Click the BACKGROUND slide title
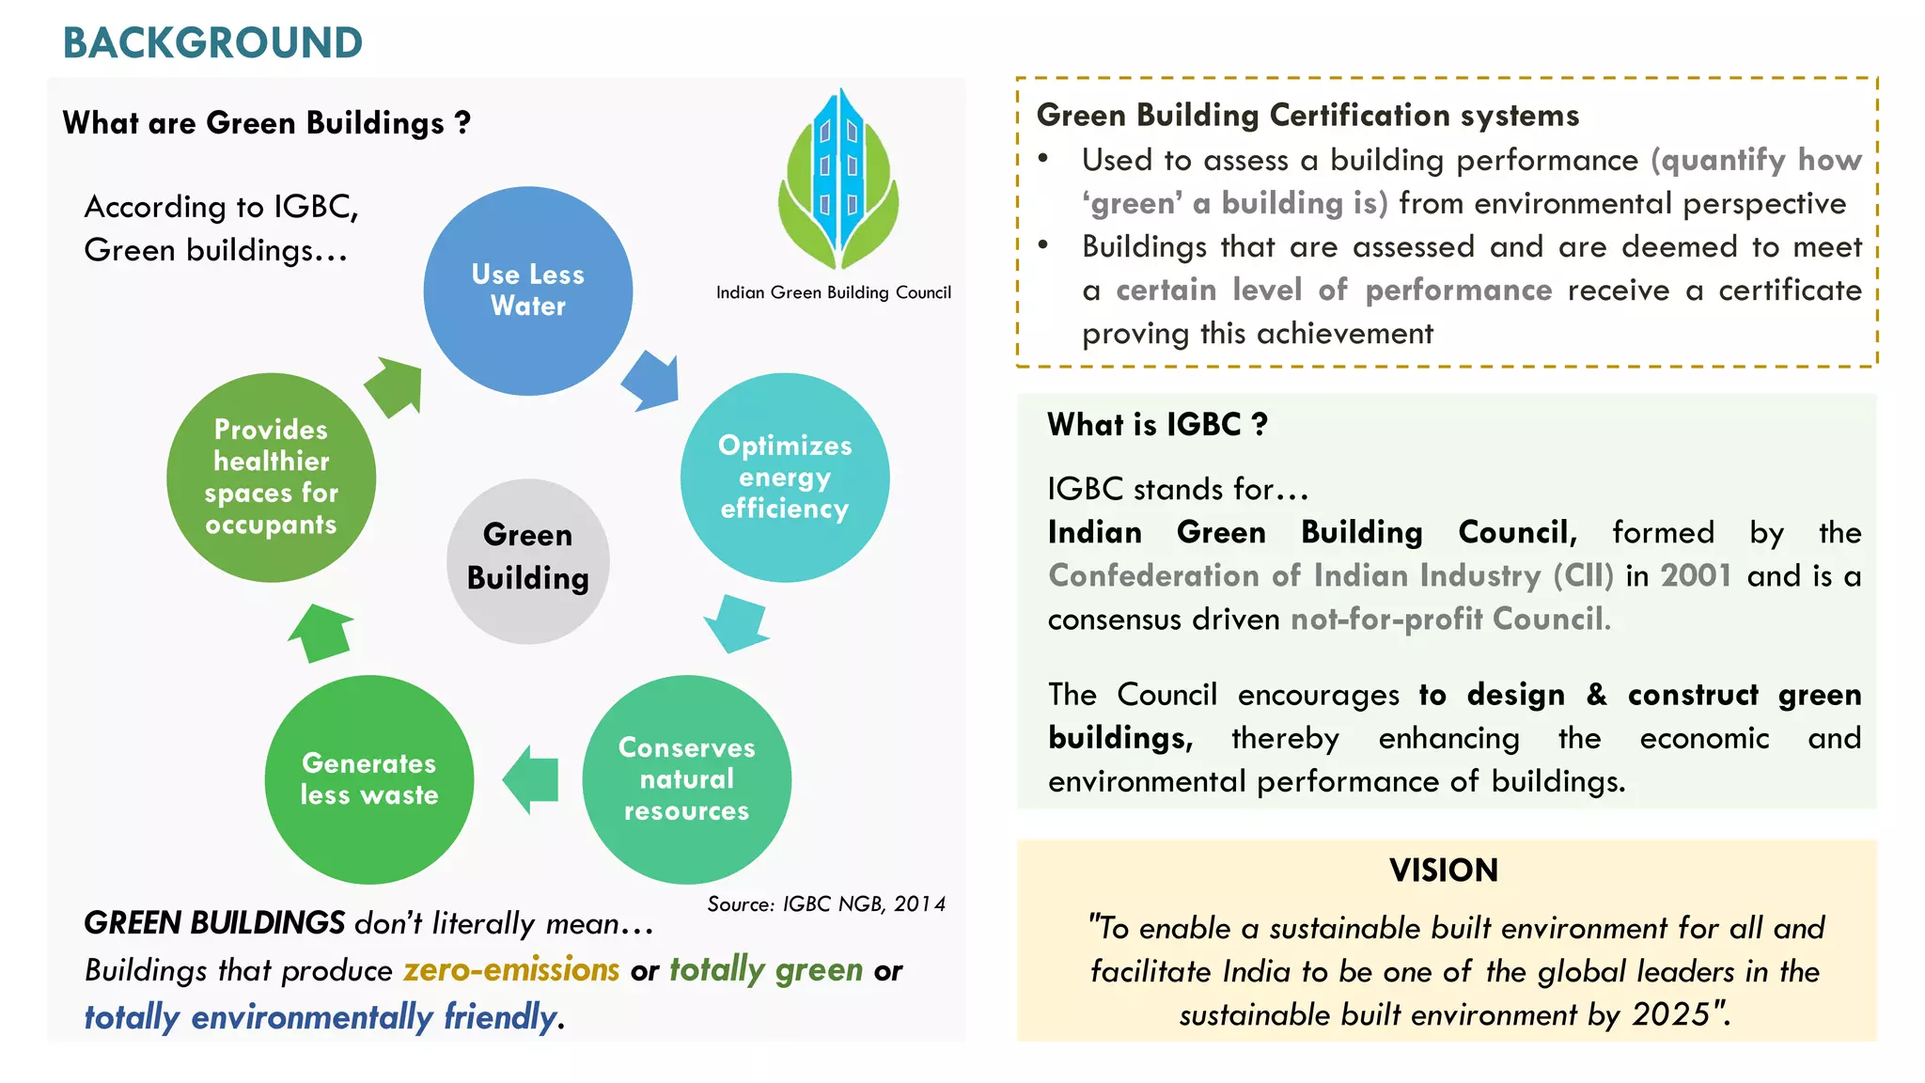pos(212,42)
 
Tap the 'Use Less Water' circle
pos(527,290)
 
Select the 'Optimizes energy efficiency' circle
pos(784,478)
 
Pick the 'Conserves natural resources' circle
pos(686,779)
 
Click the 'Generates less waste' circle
pos(368,779)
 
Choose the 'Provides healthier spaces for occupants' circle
pos(271,478)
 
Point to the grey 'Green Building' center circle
pos(527,561)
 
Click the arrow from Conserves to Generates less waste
pos(531,779)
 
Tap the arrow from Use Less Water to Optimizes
pos(651,381)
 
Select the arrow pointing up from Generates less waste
pos(320,633)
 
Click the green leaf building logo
pos(837,179)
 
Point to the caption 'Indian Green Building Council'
pos(833,292)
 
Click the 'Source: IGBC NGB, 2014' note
pos(825,904)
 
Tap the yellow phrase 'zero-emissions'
pos(511,969)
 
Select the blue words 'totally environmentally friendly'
pos(321,1017)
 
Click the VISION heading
pos(1444,871)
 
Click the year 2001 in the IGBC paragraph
pos(1696,575)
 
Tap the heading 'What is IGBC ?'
pos(1157,425)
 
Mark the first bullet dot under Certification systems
pos(1043,159)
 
